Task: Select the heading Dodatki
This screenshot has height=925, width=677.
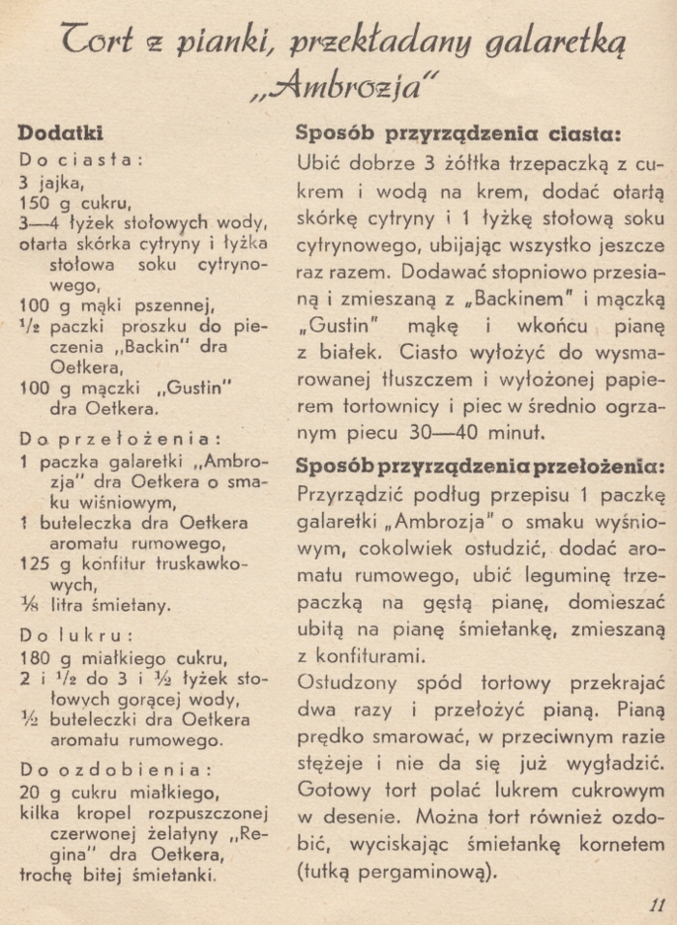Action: point(60,133)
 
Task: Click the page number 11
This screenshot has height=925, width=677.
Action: point(657,905)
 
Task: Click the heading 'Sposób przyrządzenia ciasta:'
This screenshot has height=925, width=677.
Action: point(456,133)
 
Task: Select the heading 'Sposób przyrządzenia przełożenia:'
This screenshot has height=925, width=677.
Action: point(480,466)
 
